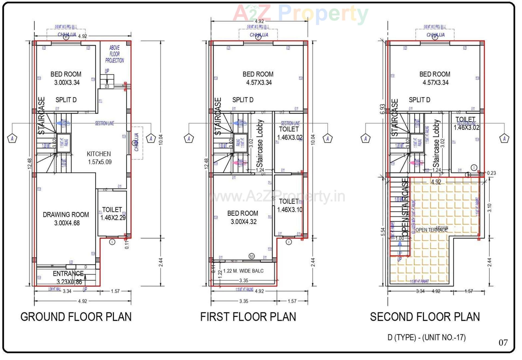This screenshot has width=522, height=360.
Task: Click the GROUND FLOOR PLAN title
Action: point(76,317)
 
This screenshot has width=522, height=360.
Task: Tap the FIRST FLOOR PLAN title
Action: point(248,317)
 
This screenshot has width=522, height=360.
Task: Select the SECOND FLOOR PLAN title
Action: point(425,317)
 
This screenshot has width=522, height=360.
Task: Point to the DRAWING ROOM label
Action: point(66,215)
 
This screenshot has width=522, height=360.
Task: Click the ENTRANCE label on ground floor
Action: point(68,274)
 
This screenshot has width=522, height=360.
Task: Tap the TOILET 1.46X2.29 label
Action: point(112,214)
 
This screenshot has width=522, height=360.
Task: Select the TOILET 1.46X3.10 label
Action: point(289,205)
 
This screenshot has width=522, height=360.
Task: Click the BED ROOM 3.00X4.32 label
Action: point(243,217)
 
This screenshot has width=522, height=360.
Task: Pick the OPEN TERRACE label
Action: point(431,230)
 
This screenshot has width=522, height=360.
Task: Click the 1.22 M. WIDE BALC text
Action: point(243,271)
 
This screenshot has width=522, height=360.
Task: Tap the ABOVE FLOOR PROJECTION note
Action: point(114,54)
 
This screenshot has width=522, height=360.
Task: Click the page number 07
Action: point(503,343)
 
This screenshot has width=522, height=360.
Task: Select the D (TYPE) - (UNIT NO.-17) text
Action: point(426,337)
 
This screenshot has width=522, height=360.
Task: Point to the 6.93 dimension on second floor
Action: point(383,109)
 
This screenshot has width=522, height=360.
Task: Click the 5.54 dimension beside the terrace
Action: point(383,232)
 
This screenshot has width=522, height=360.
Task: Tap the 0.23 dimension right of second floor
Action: point(491,173)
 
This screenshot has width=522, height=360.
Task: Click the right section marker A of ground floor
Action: point(151,139)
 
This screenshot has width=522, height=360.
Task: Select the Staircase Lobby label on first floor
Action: point(260,143)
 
